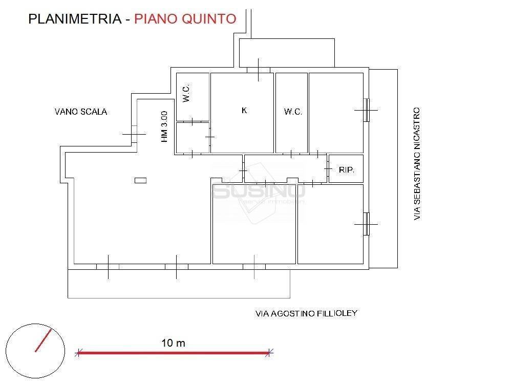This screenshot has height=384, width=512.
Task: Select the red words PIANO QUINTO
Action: tap(185, 19)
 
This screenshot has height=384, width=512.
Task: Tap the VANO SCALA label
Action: tap(81, 112)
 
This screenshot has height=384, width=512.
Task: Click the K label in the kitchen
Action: tap(244, 110)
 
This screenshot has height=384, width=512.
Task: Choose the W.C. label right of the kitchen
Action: tap(293, 112)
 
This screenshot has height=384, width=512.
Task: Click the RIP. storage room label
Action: tap(347, 169)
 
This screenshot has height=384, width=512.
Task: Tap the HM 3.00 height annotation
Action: tap(164, 127)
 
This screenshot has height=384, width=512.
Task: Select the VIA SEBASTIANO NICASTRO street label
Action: tap(417, 164)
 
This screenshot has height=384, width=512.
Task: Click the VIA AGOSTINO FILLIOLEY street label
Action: tap(306, 313)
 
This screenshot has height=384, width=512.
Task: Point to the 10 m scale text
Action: tap(173, 343)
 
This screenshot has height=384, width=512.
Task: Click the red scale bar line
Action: tap(173, 352)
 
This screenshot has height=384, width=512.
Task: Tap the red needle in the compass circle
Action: tap(44, 340)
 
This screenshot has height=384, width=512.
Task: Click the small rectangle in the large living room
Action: tap(140, 180)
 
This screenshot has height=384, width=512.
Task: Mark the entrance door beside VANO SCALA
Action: tap(134, 135)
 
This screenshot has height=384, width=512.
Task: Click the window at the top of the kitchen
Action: tap(258, 70)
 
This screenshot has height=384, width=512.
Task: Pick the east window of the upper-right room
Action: tap(366, 110)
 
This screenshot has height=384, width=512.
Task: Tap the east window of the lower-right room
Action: tap(366, 224)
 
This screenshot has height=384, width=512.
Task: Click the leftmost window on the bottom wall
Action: tap(108, 266)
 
